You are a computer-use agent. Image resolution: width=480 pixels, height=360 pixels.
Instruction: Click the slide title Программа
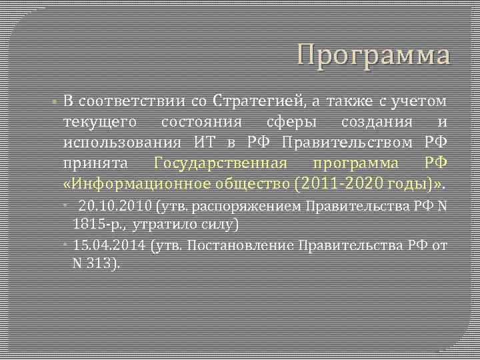[373, 55]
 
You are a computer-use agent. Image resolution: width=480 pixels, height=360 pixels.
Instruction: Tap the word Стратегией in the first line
[259, 102]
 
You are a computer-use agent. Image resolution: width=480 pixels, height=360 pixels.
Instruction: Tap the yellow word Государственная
[221, 163]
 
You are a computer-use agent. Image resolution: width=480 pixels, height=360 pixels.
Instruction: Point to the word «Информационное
[129, 183]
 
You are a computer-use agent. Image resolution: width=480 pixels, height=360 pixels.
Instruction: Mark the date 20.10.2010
[115, 207]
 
